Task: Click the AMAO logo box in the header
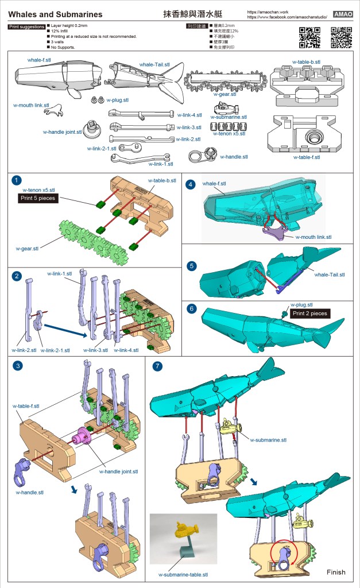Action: click(344, 14)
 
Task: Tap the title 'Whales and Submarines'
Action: click(56, 14)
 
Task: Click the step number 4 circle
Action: click(191, 184)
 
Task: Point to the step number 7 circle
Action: click(157, 366)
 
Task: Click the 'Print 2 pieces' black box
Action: click(309, 314)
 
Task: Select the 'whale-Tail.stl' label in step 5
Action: click(330, 274)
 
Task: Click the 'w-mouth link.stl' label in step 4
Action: click(313, 237)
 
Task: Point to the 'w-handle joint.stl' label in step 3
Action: click(119, 471)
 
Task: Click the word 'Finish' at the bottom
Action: click(336, 572)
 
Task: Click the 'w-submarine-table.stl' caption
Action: click(184, 574)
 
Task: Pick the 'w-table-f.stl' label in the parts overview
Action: click(310, 157)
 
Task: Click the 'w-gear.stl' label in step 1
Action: click(28, 249)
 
